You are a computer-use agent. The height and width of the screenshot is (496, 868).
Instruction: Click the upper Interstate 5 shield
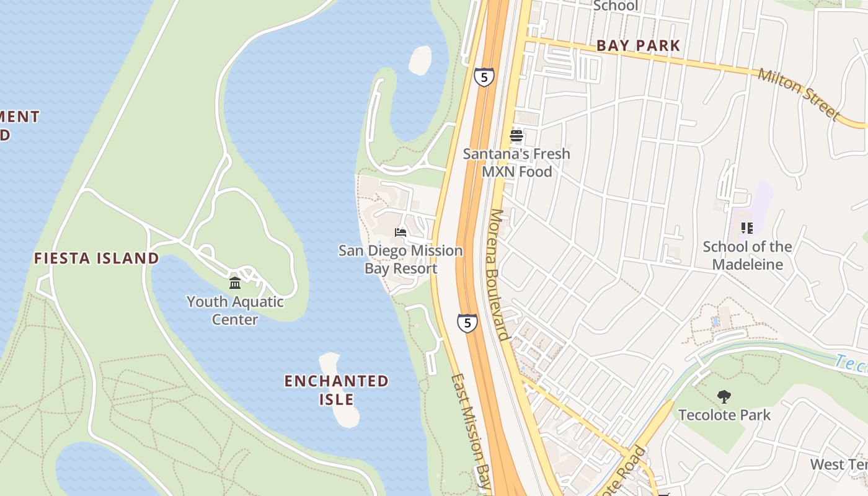[x=484, y=77]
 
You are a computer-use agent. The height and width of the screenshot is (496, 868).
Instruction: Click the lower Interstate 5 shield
[x=467, y=322]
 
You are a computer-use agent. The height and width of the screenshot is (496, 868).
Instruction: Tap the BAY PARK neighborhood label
[x=638, y=45]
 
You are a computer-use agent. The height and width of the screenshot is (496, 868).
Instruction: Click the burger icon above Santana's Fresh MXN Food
[x=516, y=136]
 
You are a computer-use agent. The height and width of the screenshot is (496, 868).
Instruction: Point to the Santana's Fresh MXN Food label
[x=516, y=162]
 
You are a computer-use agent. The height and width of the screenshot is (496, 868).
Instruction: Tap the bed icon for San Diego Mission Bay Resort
[x=401, y=232]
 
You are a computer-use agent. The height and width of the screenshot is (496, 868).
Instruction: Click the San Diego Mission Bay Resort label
[x=401, y=259]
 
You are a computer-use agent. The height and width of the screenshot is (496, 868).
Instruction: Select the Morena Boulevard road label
[x=499, y=274]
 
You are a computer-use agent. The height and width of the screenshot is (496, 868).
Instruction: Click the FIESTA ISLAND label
[x=96, y=258]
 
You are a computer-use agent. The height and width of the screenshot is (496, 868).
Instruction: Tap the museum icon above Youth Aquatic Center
[x=235, y=283]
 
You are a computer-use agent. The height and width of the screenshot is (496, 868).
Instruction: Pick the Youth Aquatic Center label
[x=235, y=311]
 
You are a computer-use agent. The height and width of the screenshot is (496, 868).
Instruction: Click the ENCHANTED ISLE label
[x=336, y=389]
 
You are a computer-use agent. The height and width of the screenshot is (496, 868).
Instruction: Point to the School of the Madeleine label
[x=747, y=255]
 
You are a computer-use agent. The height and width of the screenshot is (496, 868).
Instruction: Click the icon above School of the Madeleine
[x=747, y=228]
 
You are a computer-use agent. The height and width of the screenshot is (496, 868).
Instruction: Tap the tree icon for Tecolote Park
[x=724, y=397]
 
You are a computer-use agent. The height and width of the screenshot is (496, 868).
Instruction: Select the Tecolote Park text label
[x=724, y=415]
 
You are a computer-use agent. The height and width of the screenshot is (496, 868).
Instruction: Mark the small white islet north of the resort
[x=420, y=60]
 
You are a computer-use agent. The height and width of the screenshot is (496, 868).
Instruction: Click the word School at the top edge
[x=615, y=6]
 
